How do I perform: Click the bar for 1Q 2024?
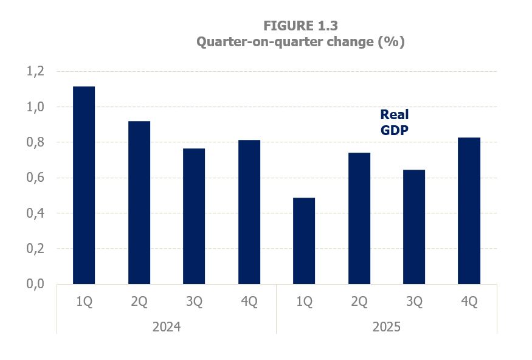[84, 185]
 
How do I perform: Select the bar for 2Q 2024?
[139, 202]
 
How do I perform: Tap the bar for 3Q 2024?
[194, 216]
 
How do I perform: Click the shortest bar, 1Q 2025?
[304, 241]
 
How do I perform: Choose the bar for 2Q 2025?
[359, 218]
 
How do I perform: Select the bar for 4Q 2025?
[469, 210]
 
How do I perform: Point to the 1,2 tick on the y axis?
[35, 72]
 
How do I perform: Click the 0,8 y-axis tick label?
[35, 143]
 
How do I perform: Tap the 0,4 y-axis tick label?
[35, 213]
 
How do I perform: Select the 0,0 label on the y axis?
[35, 285]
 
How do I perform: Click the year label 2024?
[166, 327]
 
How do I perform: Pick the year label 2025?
[386, 327]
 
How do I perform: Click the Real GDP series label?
[395, 122]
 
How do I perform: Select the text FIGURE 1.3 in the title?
[300, 26]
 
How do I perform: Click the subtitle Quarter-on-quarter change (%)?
[300, 42]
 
